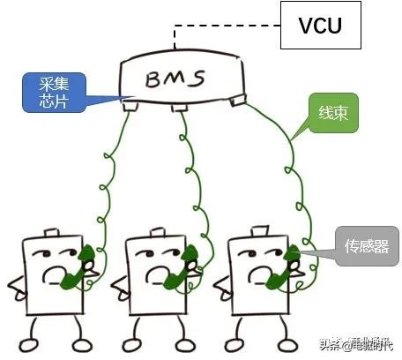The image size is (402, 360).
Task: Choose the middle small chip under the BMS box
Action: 180,109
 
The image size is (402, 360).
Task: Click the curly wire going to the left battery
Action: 111,176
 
